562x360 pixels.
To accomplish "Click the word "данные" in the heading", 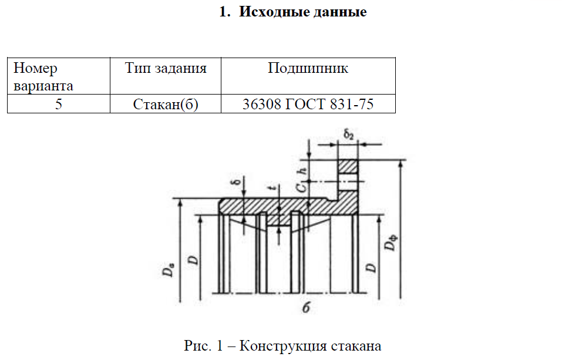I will [x=341, y=12].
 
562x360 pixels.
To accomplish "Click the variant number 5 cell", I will [x=58, y=105].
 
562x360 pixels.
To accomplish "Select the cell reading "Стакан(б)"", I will [x=166, y=105].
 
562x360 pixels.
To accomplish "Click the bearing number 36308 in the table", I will [x=260, y=105].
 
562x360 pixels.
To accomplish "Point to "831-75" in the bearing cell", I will [x=352, y=105].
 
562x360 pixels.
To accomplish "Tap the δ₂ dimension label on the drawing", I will [x=348, y=135].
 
